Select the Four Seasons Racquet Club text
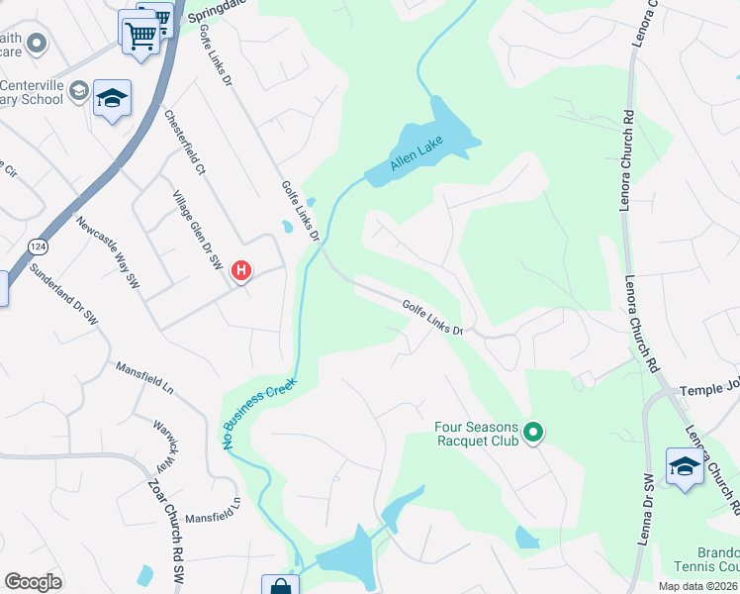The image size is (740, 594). click(x=477, y=434)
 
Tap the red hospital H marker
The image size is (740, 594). click(x=240, y=270)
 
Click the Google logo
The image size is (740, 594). click(x=33, y=582)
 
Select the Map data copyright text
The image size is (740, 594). click(x=696, y=586)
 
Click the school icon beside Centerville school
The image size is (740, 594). click(x=112, y=98)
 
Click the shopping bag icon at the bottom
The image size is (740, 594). click(x=280, y=587)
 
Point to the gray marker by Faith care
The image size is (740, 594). click(x=38, y=43)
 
